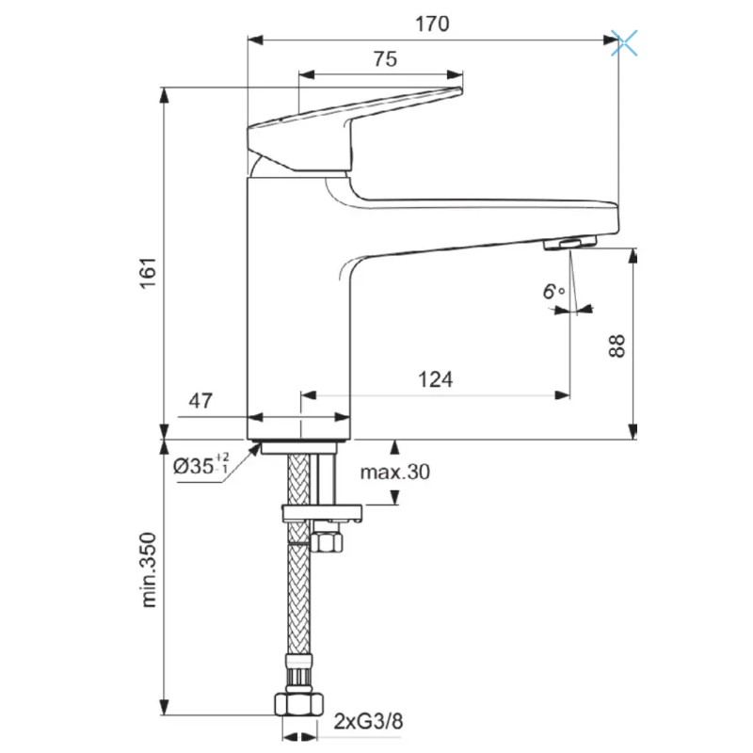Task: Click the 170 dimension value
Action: [x=432, y=24]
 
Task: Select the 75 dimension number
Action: [x=385, y=59]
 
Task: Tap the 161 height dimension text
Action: [x=149, y=272]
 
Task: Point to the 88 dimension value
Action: [x=617, y=345]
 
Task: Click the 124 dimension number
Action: [x=435, y=379]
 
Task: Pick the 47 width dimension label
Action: [x=200, y=401]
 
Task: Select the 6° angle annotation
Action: [x=553, y=292]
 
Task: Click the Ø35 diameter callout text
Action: [x=201, y=465]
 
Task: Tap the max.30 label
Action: [x=394, y=473]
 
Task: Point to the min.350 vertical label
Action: [x=149, y=570]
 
